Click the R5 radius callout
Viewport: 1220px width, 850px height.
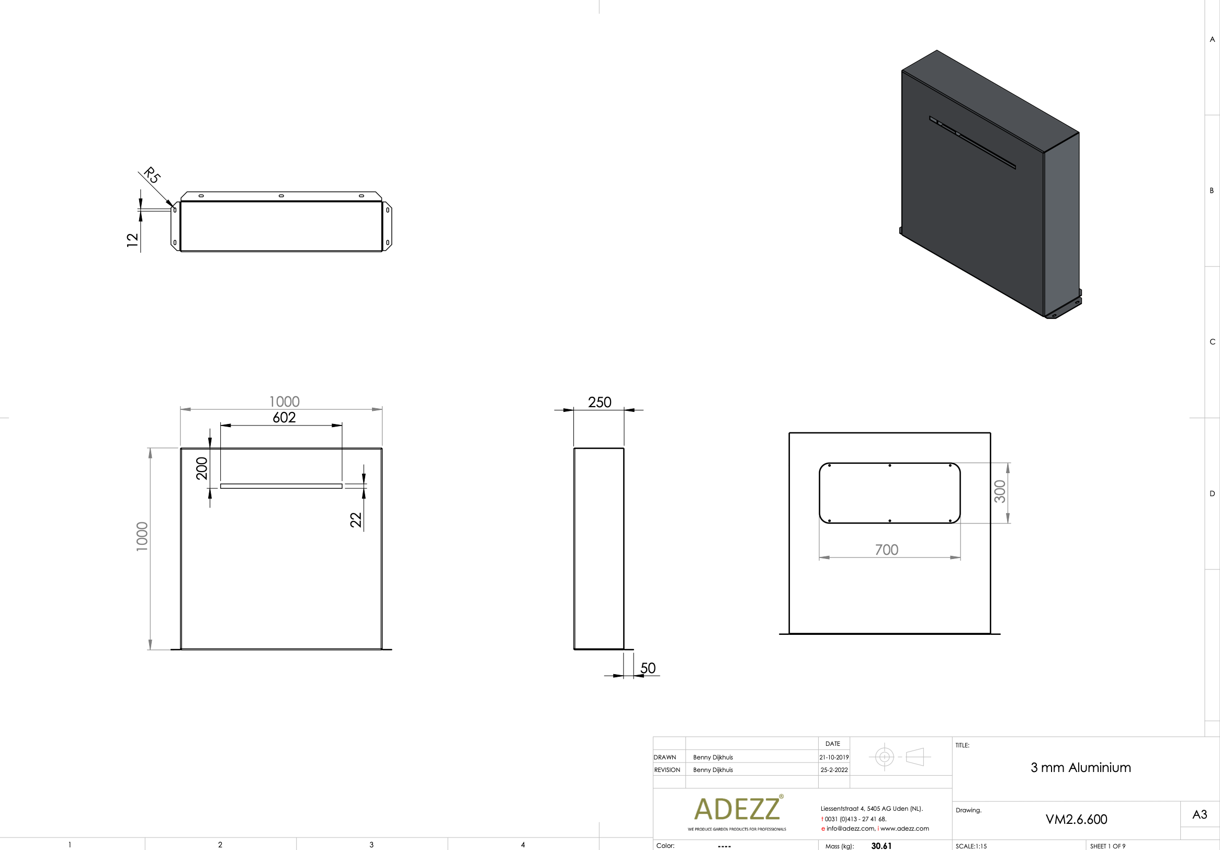coord(152,175)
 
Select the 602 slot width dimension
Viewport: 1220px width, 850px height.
coord(284,418)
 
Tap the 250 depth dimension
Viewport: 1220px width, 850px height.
coord(600,402)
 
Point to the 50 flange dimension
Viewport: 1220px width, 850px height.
coord(648,668)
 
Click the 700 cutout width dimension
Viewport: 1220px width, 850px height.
coord(886,550)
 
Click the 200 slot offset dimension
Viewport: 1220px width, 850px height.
coord(202,468)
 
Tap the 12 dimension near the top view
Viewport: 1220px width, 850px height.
coord(132,240)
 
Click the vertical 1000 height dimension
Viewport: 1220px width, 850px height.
coord(142,536)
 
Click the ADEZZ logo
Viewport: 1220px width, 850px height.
coord(737,809)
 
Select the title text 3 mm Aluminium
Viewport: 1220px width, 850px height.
coord(1080,768)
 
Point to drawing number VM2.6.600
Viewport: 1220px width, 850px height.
coord(1076,819)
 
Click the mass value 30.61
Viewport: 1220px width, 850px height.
coord(881,846)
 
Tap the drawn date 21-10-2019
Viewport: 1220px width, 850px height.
coord(834,757)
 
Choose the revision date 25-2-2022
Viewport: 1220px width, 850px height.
coord(834,770)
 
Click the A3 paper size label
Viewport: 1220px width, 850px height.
coord(1199,814)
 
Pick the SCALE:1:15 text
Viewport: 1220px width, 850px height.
coord(971,846)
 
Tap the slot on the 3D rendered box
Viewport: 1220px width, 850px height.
coord(973,142)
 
